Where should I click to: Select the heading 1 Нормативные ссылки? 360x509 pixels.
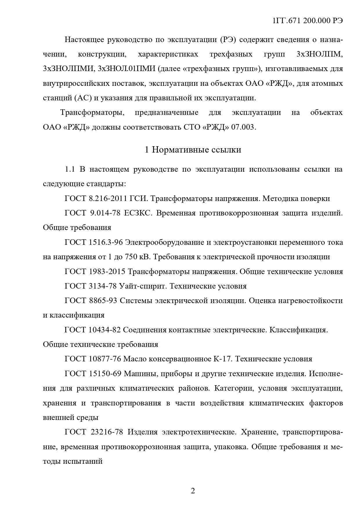tap(193, 150)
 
